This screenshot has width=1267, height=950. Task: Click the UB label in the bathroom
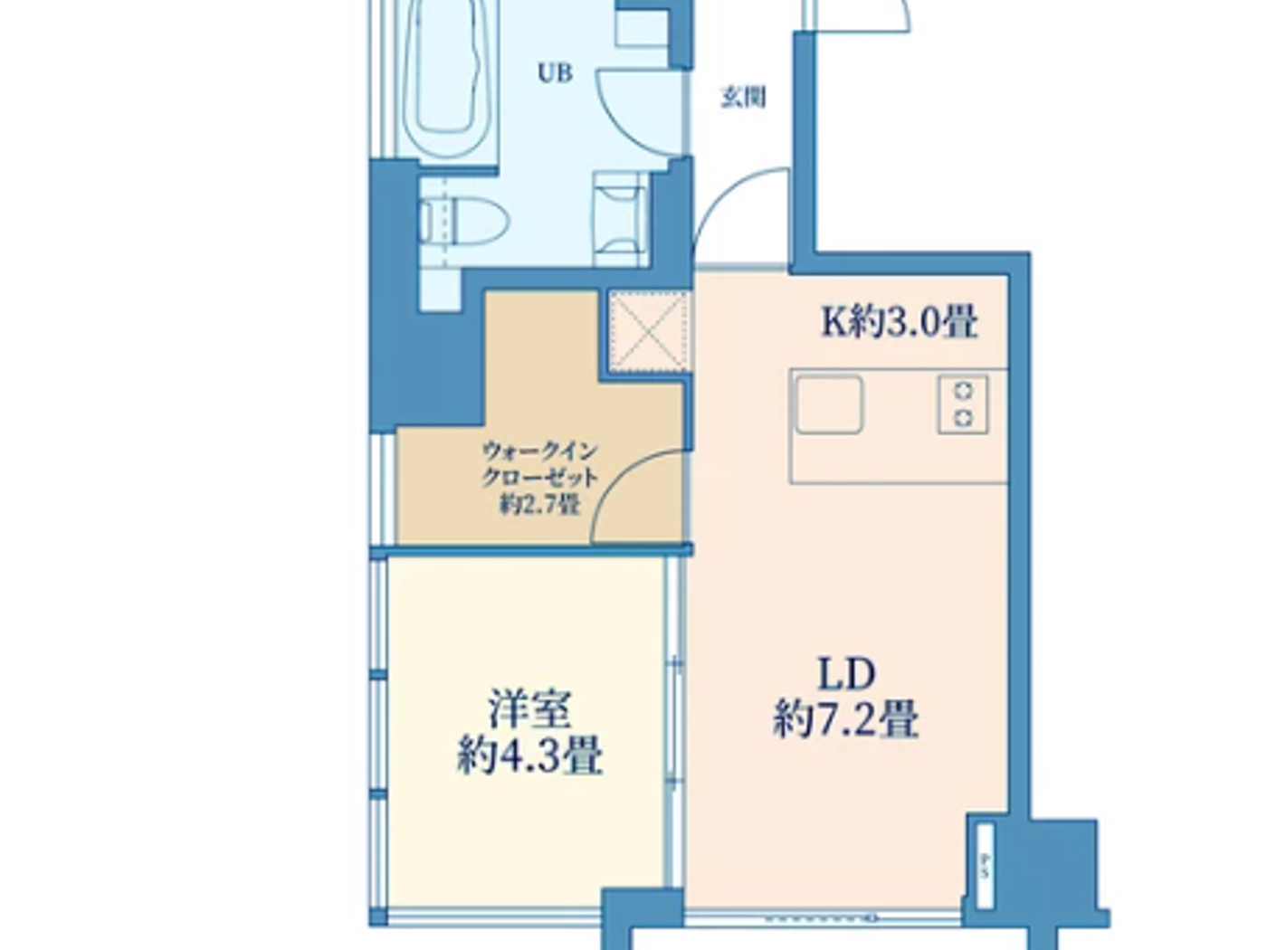coord(555,73)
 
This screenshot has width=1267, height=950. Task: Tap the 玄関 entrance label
coord(743,96)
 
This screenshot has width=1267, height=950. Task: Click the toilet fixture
coord(464,220)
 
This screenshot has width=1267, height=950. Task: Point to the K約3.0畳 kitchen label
coord(899,321)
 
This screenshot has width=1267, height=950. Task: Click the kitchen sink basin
coord(828,404)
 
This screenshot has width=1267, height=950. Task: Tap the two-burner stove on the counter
coord(963,404)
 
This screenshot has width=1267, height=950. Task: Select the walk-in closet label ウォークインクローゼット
coord(539,463)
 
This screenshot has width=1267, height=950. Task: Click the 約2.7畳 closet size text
coord(539,505)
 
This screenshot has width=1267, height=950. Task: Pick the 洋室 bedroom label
coord(530,708)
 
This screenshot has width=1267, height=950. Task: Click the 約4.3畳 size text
coord(530,755)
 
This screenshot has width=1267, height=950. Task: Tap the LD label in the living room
coord(846,674)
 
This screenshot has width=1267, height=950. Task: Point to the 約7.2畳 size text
coord(846,721)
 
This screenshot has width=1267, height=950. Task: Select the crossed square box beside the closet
coord(648,331)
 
